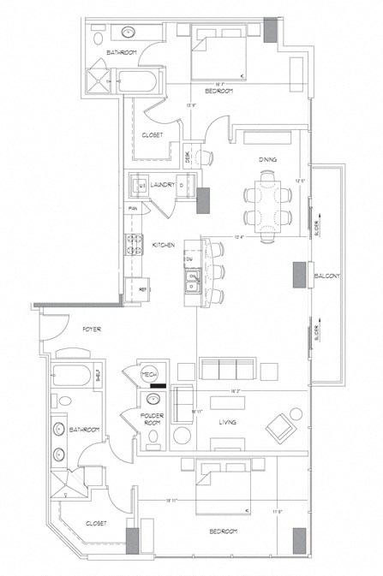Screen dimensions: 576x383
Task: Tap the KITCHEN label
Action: tap(164, 245)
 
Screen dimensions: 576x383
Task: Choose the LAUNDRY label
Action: tap(163, 185)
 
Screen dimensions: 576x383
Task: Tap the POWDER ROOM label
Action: tap(153, 419)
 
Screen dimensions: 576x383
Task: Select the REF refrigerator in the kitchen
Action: tap(143, 290)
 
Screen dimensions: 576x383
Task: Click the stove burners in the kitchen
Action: tap(134, 245)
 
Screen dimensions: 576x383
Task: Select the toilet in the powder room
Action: tap(153, 437)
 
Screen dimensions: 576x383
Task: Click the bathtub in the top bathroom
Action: tap(137, 83)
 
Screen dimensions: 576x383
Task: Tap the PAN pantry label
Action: tap(133, 208)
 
